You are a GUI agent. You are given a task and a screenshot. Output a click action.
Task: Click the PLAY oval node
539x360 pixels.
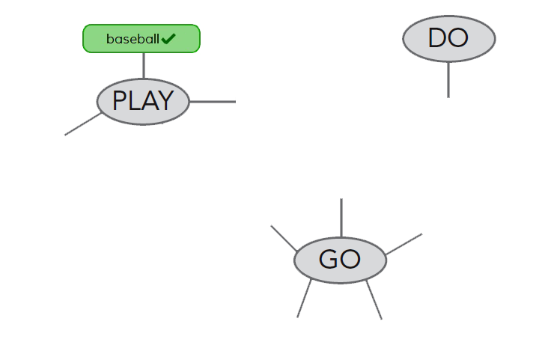[x=142, y=101]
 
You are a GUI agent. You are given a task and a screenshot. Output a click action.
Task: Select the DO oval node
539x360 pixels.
[x=448, y=38]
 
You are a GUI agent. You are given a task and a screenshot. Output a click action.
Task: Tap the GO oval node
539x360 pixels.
[x=340, y=260]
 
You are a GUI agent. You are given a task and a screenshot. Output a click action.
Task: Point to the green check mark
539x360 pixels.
[x=168, y=39]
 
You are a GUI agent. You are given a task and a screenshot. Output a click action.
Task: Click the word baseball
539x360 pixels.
[x=133, y=39]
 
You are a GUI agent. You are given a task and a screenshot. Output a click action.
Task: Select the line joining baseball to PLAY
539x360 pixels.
[x=143, y=66]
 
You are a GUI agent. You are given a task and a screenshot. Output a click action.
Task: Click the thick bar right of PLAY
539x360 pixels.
[x=213, y=101]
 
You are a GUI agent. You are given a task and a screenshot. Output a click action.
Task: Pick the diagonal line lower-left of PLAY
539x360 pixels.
[x=83, y=124]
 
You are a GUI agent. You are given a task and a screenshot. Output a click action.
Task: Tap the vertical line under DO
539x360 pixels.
[x=448, y=79]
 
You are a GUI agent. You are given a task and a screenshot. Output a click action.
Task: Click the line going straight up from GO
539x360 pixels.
[x=341, y=218]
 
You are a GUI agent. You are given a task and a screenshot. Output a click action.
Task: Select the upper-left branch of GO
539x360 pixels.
[x=284, y=239]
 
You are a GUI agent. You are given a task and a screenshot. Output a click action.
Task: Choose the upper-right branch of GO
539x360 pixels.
[x=404, y=244]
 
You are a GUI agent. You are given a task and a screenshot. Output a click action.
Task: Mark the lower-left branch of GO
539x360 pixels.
[x=304, y=298]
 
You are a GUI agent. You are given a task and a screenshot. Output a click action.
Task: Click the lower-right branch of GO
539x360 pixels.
[x=374, y=301]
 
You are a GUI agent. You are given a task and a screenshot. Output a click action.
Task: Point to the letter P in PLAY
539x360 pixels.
[x=120, y=101]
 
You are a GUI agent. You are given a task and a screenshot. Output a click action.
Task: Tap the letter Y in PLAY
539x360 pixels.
[x=165, y=101]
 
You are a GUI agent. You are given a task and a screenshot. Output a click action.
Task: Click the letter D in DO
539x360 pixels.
[x=437, y=38]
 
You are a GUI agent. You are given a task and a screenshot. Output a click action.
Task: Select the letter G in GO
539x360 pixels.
[x=329, y=260]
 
